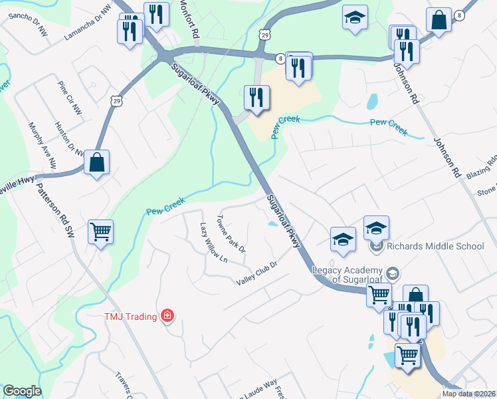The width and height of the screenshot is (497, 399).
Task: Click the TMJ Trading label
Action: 130,316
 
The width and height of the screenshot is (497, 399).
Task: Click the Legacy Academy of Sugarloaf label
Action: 348,274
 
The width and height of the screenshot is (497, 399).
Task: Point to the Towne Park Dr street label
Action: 232,234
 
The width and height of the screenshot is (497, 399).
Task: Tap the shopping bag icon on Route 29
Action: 97,162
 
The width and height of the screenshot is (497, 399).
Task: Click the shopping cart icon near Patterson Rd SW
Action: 100,232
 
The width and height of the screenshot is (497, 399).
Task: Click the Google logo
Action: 22,391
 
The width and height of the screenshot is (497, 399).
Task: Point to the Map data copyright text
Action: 468,394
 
